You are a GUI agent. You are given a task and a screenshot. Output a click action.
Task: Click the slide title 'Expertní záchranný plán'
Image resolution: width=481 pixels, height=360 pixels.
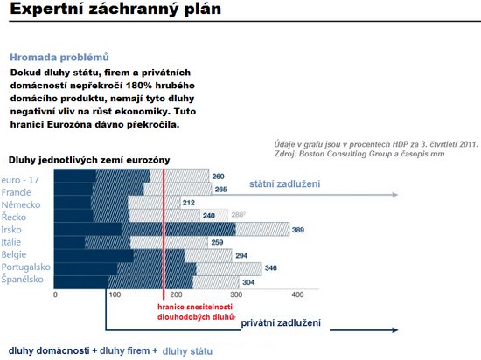pyautogui.click(x=115, y=9)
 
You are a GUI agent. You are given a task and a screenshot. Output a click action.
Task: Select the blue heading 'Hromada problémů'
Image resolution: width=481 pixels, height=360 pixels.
pyautogui.click(x=59, y=57)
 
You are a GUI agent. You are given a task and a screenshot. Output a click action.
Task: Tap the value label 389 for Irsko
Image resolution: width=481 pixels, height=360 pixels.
pyautogui.click(x=298, y=230)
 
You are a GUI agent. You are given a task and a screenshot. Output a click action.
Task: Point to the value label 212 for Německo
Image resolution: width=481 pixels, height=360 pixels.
pyautogui.click(x=188, y=203)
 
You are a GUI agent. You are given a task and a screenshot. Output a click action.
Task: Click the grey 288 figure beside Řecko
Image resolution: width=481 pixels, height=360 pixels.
pyautogui.click(x=238, y=214)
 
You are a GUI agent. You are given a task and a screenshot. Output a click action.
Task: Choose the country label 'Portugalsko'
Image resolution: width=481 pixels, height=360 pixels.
pyautogui.click(x=25, y=267)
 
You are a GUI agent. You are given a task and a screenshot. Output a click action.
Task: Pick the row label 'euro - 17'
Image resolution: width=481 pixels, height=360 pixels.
pyautogui.click(x=20, y=180)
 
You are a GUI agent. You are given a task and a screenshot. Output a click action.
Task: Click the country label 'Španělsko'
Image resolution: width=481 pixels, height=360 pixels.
pyautogui.click(x=22, y=279)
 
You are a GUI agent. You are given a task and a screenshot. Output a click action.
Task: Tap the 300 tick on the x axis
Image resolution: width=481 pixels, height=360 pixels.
pyautogui.click(x=236, y=294)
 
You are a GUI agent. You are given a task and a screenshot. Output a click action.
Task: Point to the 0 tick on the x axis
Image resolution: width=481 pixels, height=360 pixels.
pyautogui.click(x=55, y=294)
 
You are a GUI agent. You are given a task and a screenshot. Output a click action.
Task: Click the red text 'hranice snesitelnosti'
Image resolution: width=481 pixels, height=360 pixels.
pyautogui.click(x=195, y=307)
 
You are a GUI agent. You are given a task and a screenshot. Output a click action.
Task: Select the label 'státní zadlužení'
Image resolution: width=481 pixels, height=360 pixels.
pyautogui.click(x=285, y=183)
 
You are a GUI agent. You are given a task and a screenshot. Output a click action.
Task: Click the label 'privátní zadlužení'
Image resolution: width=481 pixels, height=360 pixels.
pyautogui.click(x=281, y=322)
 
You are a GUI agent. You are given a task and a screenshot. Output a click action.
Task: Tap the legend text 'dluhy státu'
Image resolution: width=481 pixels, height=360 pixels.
pyautogui.click(x=187, y=351)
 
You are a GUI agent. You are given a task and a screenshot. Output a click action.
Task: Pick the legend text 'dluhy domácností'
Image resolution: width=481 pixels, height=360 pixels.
pyautogui.click(x=49, y=350)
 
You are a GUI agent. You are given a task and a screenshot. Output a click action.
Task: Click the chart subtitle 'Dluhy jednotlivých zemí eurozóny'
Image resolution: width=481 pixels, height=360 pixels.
pyautogui.click(x=89, y=160)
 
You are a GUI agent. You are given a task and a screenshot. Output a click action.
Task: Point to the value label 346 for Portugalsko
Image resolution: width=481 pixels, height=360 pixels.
pyautogui.click(x=271, y=268)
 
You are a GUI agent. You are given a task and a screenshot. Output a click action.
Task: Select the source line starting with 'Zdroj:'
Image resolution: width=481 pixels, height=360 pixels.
pyautogui.click(x=359, y=154)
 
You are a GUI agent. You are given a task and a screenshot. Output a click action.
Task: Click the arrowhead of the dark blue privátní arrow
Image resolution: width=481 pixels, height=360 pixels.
pyautogui.click(x=394, y=330)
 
